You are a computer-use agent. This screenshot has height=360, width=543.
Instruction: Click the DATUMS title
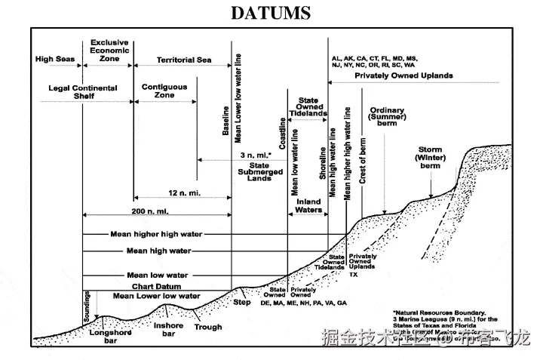tap(271, 14)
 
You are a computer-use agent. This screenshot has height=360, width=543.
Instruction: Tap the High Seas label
tap(54, 59)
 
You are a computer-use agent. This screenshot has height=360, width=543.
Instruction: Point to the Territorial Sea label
tap(184, 60)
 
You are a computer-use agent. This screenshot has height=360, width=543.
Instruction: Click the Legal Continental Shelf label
tap(83, 92)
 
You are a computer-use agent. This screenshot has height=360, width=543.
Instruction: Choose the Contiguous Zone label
tap(164, 92)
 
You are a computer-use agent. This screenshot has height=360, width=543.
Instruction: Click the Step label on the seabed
tap(241, 302)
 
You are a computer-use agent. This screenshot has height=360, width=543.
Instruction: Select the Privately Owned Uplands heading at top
tap(403, 75)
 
